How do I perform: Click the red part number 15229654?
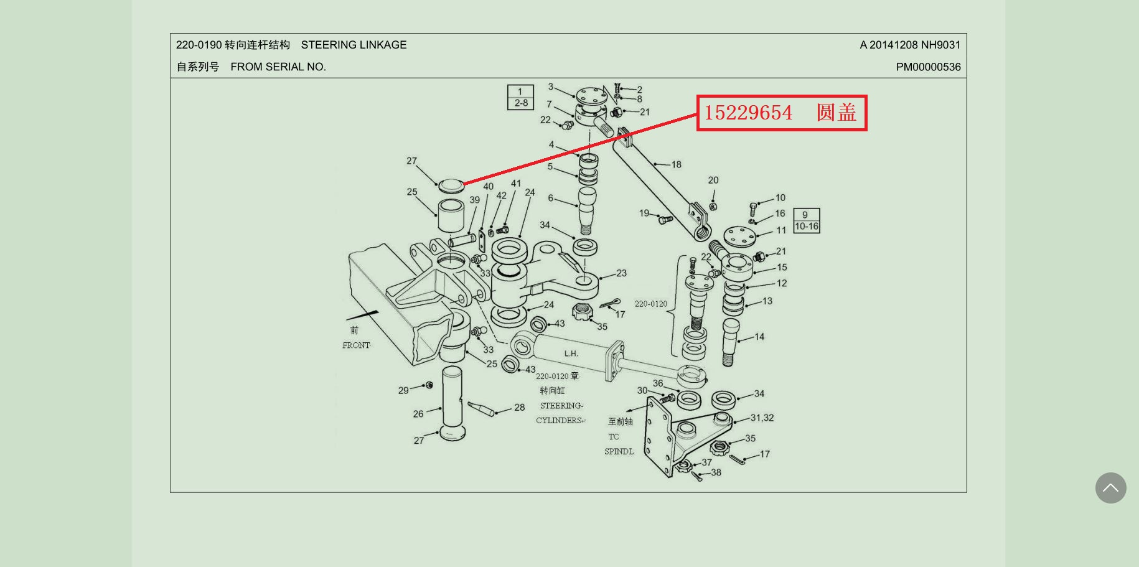(x=748, y=113)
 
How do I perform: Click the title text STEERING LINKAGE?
(x=354, y=45)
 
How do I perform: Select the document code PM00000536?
(x=928, y=67)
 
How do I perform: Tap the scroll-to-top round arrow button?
(x=1110, y=488)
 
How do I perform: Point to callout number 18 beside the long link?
(x=676, y=165)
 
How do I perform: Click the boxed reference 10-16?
(x=807, y=227)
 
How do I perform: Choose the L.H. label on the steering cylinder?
(x=571, y=354)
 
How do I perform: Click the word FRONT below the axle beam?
(x=356, y=345)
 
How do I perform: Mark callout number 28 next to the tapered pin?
(x=519, y=408)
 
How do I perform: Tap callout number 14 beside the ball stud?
(x=759, y=337)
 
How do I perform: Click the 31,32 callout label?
(x=762, y=418)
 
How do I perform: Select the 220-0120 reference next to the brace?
(x=650, y=304)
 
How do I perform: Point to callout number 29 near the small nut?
(x=403, y=391)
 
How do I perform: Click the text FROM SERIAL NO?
(x=278, y=67)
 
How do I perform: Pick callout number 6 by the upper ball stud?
(x=550, y=198)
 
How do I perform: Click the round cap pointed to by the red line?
(x=451, y=185)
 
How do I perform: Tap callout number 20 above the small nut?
(x=713, y=180)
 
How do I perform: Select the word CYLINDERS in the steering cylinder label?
(x=558, y=421)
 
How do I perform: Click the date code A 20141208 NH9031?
(x=910, y=45)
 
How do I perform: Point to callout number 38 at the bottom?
(x=716, y=472)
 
